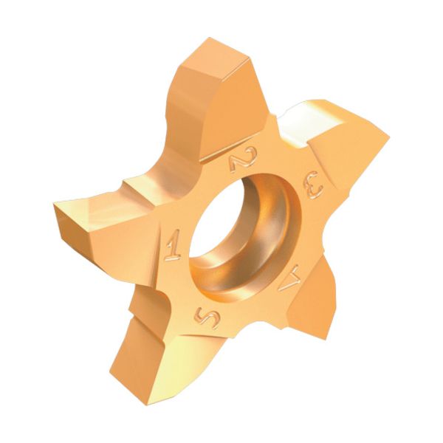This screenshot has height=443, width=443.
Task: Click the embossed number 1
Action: pos(174,244)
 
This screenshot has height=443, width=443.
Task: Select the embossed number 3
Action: pos(313,188)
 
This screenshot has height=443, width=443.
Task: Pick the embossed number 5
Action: pos(207,315)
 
